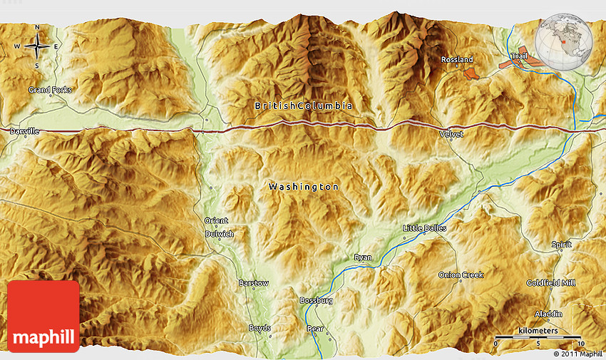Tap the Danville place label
24,132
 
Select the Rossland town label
457,60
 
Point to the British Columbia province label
304,106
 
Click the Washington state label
304,187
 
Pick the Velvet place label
451,134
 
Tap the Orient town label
217,220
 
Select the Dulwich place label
219,234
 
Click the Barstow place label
254,283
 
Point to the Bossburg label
316,301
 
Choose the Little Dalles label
424,228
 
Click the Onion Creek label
461,274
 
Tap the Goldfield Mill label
551,283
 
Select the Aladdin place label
548,314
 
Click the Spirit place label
561,245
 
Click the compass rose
36,46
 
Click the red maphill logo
43,316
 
